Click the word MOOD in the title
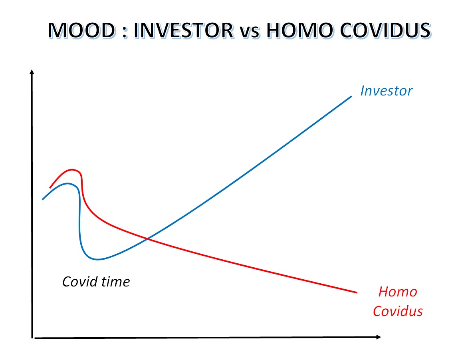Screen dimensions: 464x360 pyautogui.click(x=82, y=30)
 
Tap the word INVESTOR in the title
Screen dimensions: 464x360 pyautogui.click(x=183, y=30)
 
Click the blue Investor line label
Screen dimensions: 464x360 pyautogui.click(x=386, y=91)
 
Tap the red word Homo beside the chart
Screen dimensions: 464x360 pyautogui.click(x=398, y=292)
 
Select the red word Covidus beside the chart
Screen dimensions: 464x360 pyautogui.click(x=398, y=311)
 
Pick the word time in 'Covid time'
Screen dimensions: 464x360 pyautogui.click(x=115, y=282)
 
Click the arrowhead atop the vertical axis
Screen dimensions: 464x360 pyautogui.click(x=32, y=72)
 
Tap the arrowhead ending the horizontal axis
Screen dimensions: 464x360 pyautogui.click(x=379, y=337)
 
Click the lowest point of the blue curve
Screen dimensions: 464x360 pyautogui.click(x=98, y=260)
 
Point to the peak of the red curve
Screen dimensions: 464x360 pyautogui.click(x=72, y=170)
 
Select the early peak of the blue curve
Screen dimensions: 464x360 pyautogui.click(x=68, y=183)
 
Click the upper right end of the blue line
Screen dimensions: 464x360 pyautogui.click(x=351, y=96)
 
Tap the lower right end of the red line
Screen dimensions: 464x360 pyautogui.click(x=357, y=292)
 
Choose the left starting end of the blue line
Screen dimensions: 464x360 pyautogui.click(x=43, y=199)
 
